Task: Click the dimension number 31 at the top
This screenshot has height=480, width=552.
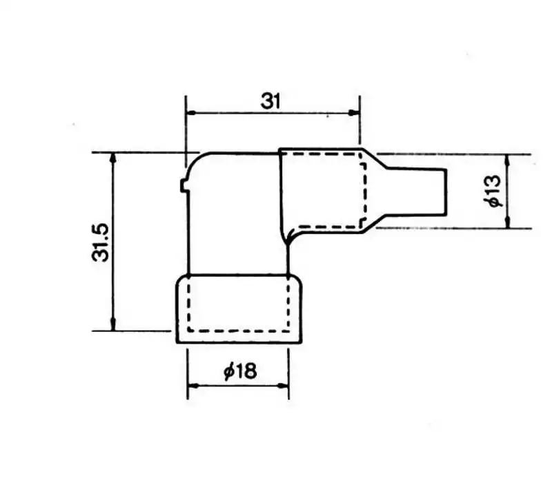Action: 270,101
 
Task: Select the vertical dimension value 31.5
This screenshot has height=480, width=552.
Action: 100,242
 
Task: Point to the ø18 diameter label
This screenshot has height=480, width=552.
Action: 240,371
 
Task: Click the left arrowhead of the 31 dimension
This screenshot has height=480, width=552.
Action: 191,113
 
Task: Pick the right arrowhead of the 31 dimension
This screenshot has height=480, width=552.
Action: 354,112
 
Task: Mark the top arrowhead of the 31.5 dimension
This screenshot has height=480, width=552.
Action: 113,158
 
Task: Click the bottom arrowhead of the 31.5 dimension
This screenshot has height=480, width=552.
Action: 113,325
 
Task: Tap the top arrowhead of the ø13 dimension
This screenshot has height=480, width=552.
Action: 507,160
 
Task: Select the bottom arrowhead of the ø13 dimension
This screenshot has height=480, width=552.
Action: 507,222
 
